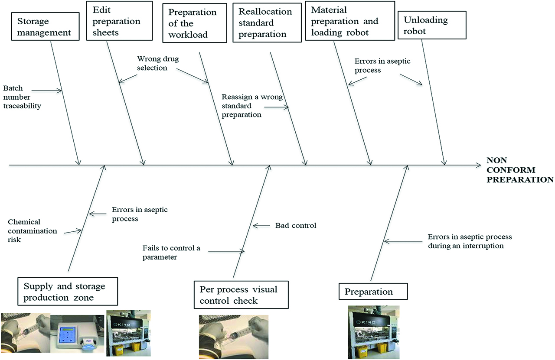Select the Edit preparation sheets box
point(119,21)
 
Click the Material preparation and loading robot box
point(349,21)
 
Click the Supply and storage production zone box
point(69,292)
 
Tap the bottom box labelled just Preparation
point(373,292)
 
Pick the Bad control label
point(296,226)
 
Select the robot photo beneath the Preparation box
point(374,332)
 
